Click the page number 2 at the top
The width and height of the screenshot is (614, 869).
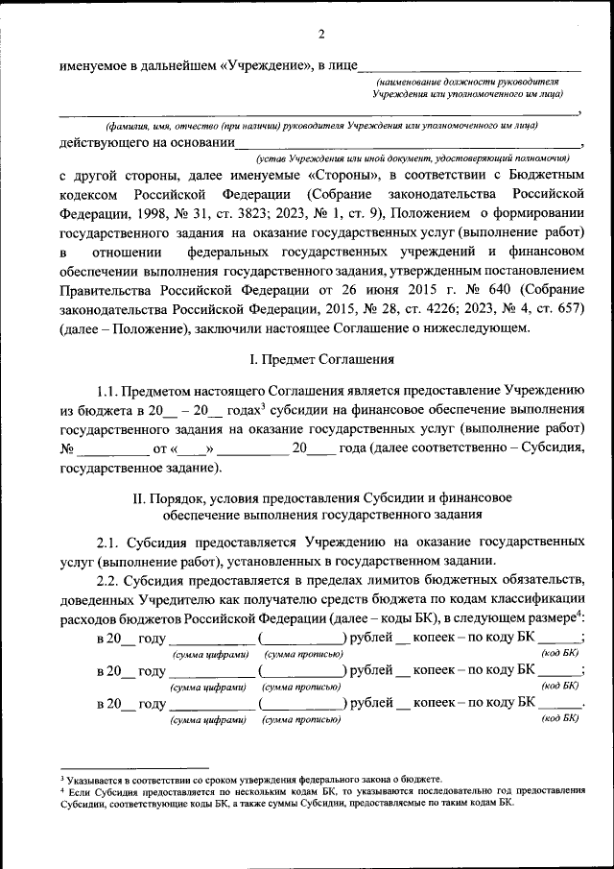322,36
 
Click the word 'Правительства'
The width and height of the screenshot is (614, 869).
105,291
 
